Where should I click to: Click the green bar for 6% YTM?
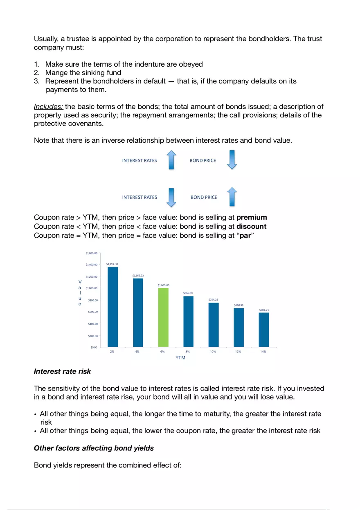click(163, 317)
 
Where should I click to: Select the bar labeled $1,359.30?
click(112, 307)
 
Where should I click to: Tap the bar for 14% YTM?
click(264, 330)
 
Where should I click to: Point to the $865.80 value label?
click(188, 293)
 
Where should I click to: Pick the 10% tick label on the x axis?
click(213, 352)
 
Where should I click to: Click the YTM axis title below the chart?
click(180, 358)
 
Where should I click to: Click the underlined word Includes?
click(48, 107)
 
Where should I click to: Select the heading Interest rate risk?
click(62, 371)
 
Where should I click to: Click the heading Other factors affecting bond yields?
click(94, 448)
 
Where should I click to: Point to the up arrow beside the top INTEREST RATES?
click(172, 160)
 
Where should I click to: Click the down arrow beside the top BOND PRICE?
click(232, 160)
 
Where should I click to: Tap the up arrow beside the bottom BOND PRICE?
click(232, 197)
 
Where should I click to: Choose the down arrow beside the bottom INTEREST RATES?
click(172, 197)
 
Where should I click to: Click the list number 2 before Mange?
click(36, 73)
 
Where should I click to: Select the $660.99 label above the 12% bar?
click(239, 305)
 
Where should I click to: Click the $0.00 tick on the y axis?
click(93, 347)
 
